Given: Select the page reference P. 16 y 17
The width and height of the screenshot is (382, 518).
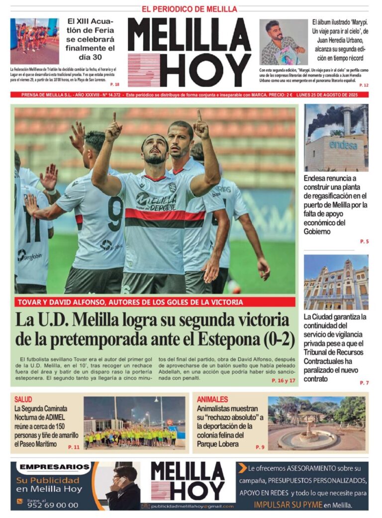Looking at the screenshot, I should click(284, 380).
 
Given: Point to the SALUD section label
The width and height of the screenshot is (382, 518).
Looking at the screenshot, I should click(23, 400).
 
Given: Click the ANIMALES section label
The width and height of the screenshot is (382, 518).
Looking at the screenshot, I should click(212, 400).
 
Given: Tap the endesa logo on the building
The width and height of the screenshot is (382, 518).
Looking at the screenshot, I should click(343, 145).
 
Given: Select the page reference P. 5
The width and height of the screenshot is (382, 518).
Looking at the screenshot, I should click(364, 242).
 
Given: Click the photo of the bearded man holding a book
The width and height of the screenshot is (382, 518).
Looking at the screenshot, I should click(284, 42).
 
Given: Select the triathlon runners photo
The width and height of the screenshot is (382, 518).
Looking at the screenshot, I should click(34, 41).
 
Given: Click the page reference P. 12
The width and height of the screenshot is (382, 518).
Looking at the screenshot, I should click(364, 85).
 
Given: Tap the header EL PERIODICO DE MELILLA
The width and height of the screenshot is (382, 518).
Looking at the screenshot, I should click(190, 9).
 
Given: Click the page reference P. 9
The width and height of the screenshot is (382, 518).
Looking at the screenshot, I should click(260, 447).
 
